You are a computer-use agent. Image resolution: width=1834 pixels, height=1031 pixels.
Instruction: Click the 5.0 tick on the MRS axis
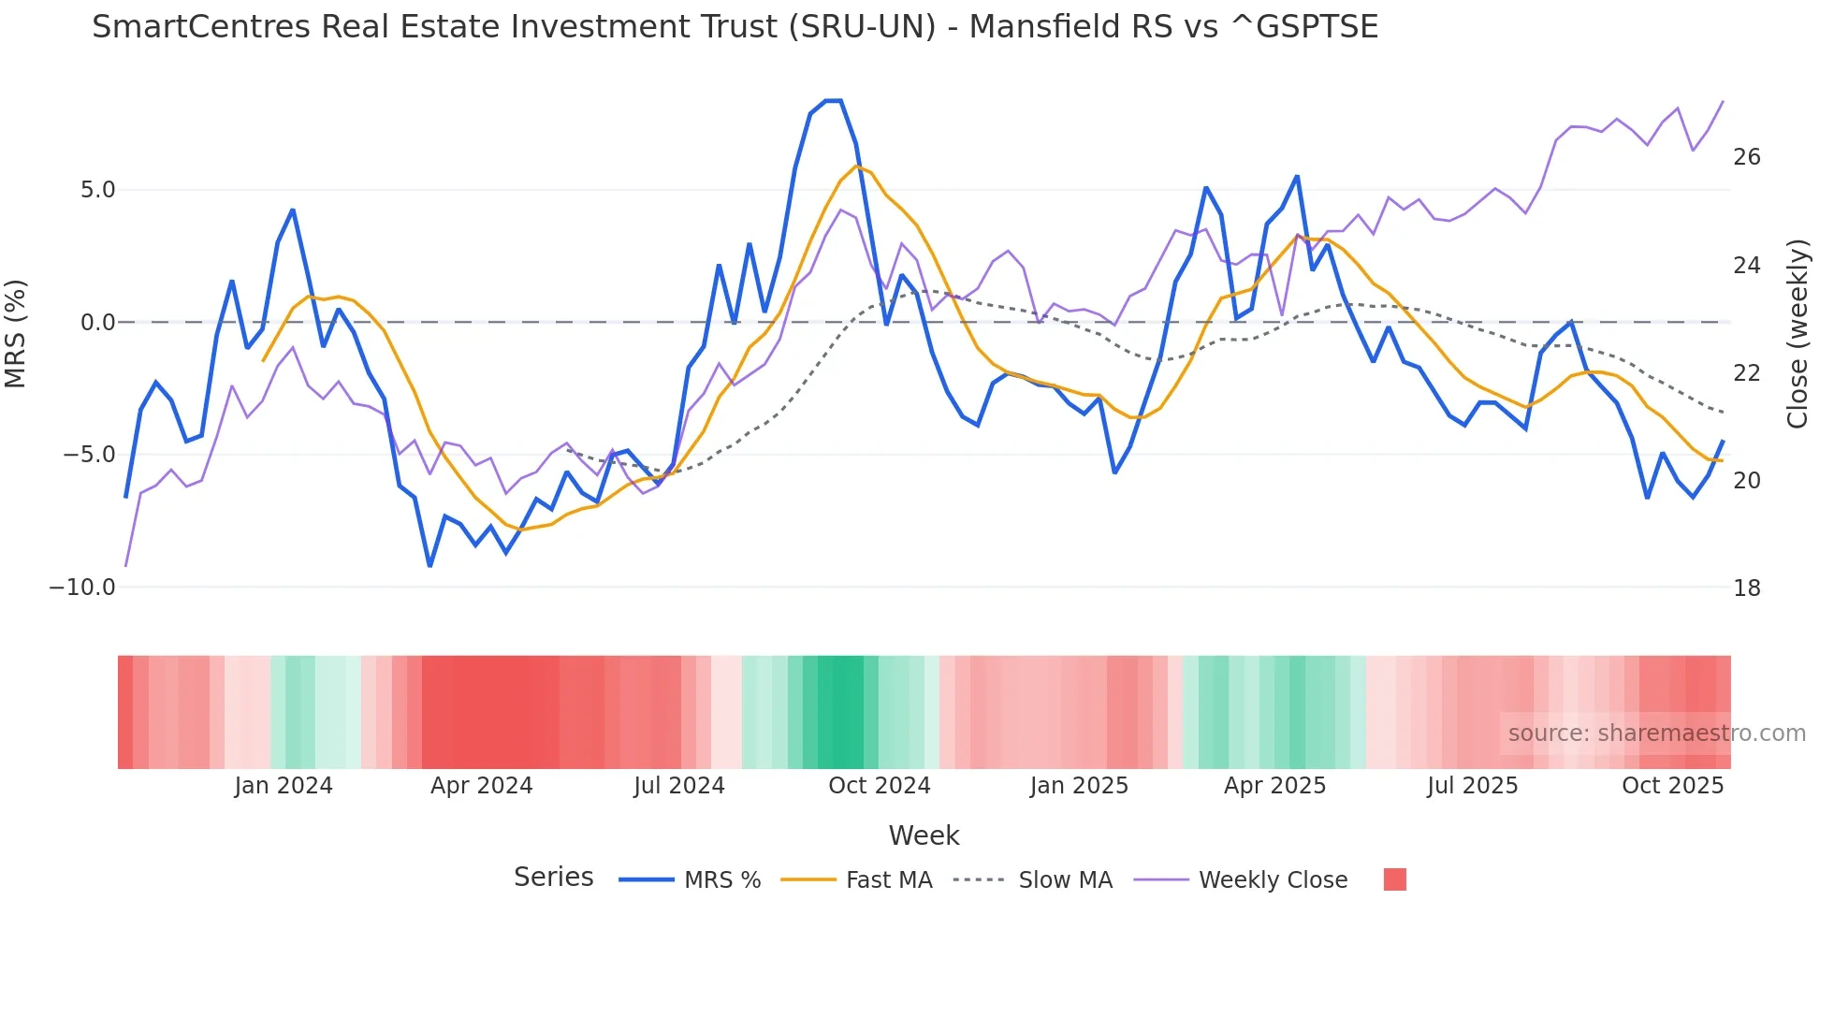[x=97, y=190]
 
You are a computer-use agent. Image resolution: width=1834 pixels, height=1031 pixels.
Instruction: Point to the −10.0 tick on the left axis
[x=82, y=588]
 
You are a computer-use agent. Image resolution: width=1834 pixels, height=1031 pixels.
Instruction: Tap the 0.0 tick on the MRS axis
[x=97, y=323]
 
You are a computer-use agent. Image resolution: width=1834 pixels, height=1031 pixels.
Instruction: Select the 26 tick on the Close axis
[x=1746, y=157]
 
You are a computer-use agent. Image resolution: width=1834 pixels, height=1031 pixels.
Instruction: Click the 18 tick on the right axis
[x=1746, y=588]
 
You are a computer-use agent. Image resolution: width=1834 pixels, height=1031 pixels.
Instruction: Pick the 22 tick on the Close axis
[x=1746, y=373]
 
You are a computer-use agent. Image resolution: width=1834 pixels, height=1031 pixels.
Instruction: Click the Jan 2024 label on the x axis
[x=284, y=786]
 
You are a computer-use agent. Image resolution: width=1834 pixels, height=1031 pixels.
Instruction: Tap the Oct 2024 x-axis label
[x=879, y=786]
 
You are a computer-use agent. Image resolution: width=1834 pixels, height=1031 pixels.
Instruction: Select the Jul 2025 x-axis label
[x=1472, y=786]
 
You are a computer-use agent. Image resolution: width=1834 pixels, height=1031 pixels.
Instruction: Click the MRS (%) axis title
[x=16, y=333]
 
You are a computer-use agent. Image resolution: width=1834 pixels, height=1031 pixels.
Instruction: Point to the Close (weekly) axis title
[x=1797, y=334]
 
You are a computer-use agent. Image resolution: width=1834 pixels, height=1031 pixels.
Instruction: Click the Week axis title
[x=924, y=835]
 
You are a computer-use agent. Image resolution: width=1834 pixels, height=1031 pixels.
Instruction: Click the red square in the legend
[x=1394, y=879]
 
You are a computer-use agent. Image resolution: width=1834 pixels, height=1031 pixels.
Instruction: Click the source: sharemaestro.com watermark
[x=1656, y=733]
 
